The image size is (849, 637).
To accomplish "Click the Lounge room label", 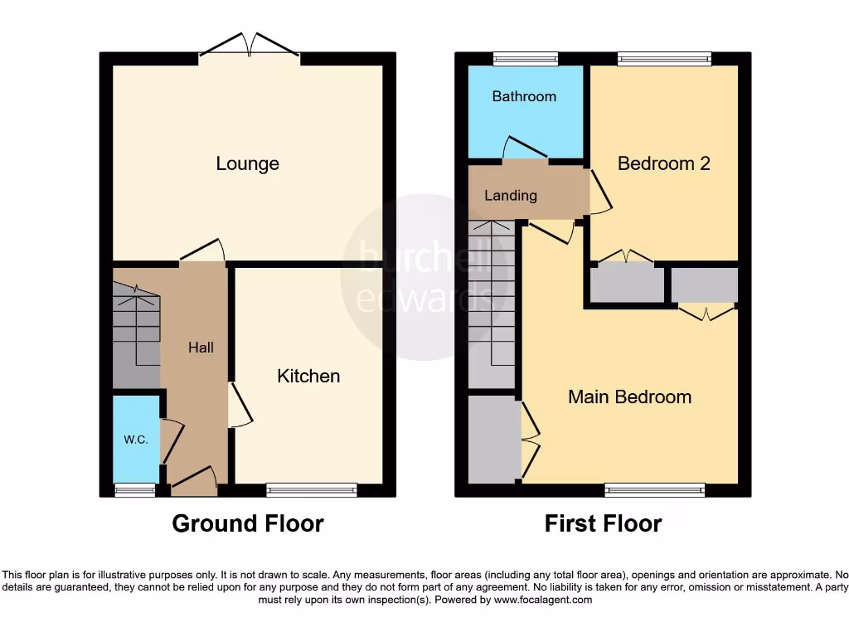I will pos(247,163).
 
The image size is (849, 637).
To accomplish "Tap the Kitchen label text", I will pos(308,376).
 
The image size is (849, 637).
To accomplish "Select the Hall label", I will pos(201,348).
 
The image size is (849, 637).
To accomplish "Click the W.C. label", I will pos(136,440).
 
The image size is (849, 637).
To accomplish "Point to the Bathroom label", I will pos(524,96).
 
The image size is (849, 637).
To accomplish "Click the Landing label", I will pos(511,196).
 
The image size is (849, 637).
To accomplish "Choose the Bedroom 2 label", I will pos(663,163).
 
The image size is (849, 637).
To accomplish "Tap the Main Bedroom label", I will pos(629,396).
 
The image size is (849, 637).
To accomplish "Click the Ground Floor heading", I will pos(247,523).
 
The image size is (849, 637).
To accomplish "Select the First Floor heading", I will pos(603,523).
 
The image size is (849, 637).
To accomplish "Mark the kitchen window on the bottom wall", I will pos(312,490).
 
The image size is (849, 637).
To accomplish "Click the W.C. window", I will pos(134,490).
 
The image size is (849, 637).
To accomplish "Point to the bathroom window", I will pos(525,58).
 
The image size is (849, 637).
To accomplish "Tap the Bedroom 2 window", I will pos(664,58).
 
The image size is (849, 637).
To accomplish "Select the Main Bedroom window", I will pos(654,490).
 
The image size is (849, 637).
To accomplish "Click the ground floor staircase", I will pos(136,332).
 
